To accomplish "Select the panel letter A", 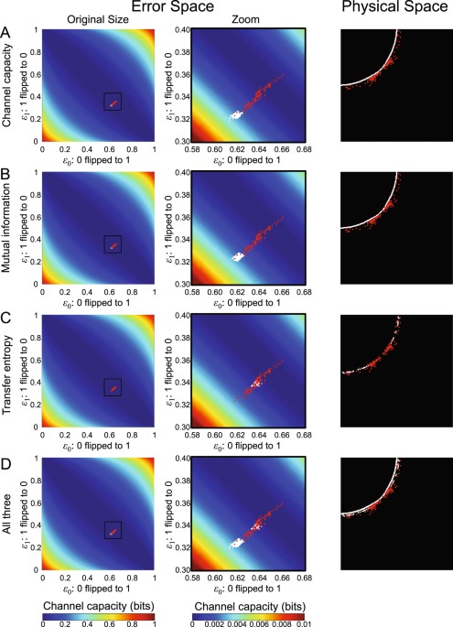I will click(x=6, y=31).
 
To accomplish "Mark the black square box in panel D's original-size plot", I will click(x=113, y=531).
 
